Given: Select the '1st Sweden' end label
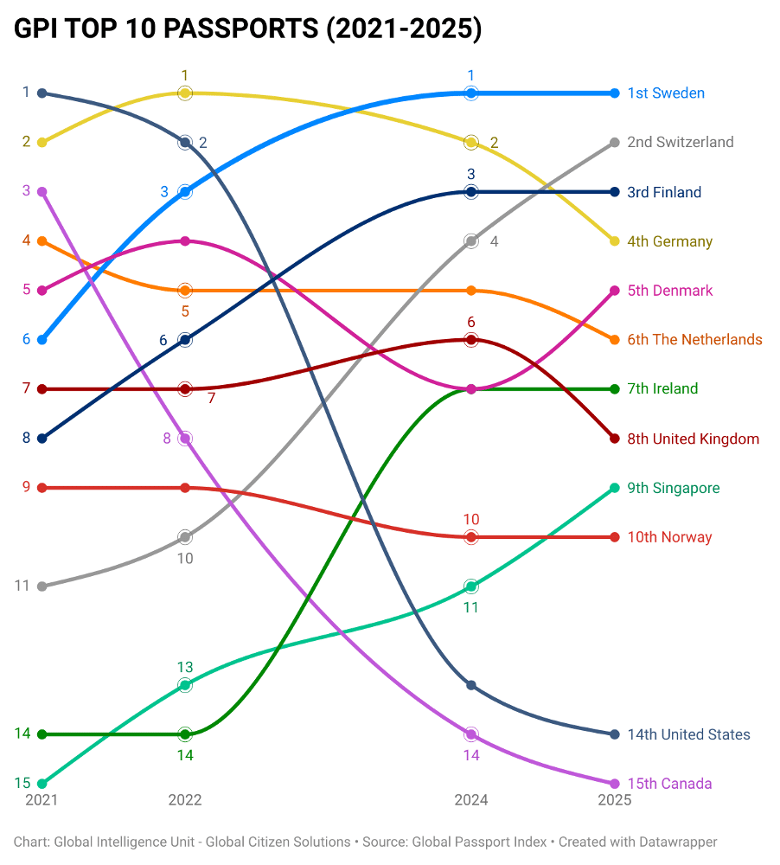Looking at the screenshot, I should pos(666,93).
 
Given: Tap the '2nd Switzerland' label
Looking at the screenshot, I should pos(680,142).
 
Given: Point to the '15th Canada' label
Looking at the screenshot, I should pos(669,784).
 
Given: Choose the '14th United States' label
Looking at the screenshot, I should pos(688,734).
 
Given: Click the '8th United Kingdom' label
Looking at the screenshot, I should pos(693,439).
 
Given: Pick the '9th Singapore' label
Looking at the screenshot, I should pos(673,488).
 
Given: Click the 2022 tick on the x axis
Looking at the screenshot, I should pos(185,800).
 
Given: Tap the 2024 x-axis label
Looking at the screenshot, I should pos(471,800).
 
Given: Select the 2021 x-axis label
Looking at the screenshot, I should pos(42,800).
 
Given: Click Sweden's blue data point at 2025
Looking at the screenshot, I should pos(615,93).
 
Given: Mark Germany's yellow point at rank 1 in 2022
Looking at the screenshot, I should pos(185,93).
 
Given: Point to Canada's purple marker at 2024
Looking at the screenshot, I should pos(471,734).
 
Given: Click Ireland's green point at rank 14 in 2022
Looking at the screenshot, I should pos(185,734).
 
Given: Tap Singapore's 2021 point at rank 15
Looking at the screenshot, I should pos(42,784).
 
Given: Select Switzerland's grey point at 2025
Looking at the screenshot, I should pos(615,142).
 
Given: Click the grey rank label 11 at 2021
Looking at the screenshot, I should pos(22,586).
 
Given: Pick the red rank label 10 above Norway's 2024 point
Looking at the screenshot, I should pos(471,520).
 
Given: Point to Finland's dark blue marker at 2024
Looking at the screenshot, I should pos(471,191).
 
